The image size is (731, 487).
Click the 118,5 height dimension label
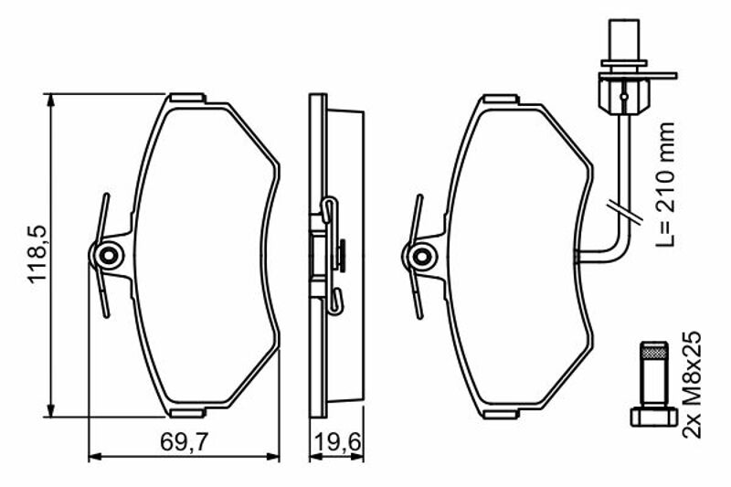tap(37, 254)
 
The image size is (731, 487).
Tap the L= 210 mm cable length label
tap(665, 185)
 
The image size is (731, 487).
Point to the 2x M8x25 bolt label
tap(692, 385)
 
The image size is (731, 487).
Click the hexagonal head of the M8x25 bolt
tap(653, 416)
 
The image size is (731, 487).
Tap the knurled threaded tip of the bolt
tap(653, 350)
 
